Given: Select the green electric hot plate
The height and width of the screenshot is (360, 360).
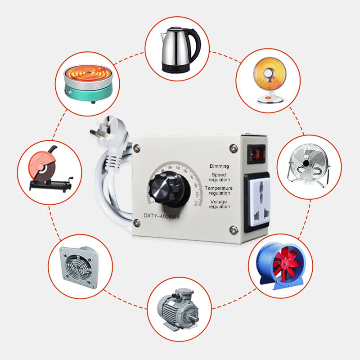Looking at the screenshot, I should coord(87,83).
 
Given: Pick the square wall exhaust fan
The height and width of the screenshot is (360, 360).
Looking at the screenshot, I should coord(79,265).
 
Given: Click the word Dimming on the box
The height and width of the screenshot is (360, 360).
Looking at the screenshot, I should coord(219,166).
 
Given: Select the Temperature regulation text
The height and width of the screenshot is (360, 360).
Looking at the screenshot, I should coord(219,190).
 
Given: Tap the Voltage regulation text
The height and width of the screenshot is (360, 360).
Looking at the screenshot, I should coord(219,204).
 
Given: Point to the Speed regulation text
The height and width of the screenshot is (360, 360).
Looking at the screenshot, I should coord(219,177).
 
